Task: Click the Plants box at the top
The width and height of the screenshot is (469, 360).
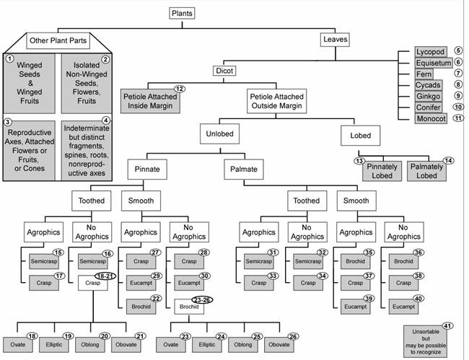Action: (x=182, y=14)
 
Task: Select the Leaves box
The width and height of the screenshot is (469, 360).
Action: (x=335, y=40)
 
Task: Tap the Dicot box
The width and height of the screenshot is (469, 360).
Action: (x=224, y=71)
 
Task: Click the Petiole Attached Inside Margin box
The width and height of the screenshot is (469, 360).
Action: (x=150, y=101)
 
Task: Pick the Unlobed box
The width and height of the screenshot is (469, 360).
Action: (x=219, y=133)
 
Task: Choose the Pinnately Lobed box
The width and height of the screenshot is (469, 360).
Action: (x=382, y=171)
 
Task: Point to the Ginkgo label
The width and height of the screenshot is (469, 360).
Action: (x=428, y=96)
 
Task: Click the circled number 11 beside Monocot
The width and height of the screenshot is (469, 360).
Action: (x=458, y=118)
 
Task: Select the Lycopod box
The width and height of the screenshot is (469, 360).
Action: (x=431, y=52)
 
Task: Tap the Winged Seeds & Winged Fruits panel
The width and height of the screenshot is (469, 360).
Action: (x=30, y=83)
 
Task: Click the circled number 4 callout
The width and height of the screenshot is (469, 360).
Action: (x=106, y=120)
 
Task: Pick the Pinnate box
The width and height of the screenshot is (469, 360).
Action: (x=147, y=170)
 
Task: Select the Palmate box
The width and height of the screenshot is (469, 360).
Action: (x=244, y=170)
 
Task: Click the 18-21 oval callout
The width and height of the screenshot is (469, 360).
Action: (x=105, y=276)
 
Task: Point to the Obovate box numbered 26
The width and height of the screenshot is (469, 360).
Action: (x=279, y=345)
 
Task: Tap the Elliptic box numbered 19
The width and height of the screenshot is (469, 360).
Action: (x=54, y=345)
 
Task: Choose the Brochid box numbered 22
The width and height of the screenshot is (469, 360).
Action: (x=141, y=307)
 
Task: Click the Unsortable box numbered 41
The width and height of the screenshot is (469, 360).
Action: (x=425, y=341)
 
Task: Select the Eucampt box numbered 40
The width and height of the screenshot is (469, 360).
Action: (x=403, y=307)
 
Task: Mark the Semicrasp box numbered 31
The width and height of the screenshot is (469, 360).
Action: (x=259, y=261)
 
